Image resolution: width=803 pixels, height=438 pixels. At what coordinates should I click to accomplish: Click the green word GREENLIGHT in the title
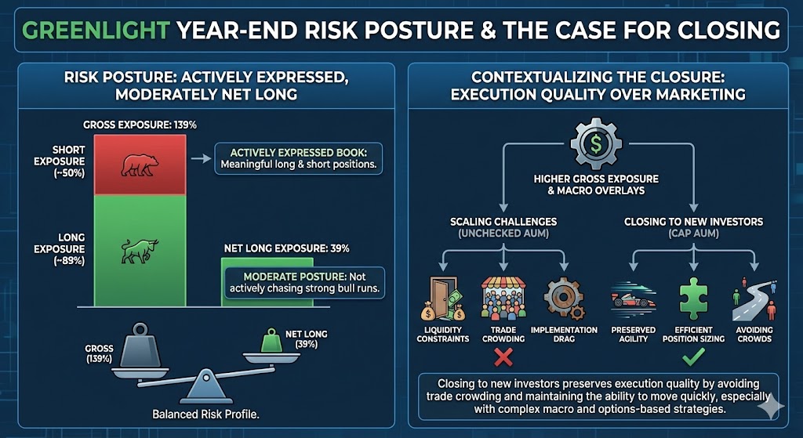click(96, 31)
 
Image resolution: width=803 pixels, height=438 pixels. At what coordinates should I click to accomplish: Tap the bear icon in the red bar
click(140, 165)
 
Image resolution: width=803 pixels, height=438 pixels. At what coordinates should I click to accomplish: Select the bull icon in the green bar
click(140, 251)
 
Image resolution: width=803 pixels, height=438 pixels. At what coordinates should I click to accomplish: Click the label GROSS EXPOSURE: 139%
click(140, 125)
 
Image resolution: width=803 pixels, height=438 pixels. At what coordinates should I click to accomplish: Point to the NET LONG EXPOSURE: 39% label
click(287, 248)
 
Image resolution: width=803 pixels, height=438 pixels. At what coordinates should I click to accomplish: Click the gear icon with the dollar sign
click(596, 144)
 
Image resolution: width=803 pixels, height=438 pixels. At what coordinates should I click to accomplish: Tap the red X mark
click(503, 357)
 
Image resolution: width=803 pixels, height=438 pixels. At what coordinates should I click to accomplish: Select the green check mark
click(694, 356)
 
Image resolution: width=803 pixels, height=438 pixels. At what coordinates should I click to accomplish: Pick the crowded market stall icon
click(503, 299)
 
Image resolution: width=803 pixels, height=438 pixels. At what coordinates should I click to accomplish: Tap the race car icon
click(634, 300)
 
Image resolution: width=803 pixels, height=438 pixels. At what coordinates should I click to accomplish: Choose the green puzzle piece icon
click(693, 299)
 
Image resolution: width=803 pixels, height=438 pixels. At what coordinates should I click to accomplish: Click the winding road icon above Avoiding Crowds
click(754, 299)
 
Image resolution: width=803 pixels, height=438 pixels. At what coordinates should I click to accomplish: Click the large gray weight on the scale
click(140, 346)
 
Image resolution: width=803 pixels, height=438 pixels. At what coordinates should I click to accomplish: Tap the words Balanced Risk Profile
click(206, 414)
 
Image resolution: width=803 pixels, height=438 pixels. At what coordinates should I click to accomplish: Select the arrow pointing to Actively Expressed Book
click(201, 158)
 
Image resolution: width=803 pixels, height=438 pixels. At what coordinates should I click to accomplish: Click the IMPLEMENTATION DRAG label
click(564, 334)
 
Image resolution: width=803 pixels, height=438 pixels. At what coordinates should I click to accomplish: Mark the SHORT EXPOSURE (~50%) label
click(60, 161)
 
